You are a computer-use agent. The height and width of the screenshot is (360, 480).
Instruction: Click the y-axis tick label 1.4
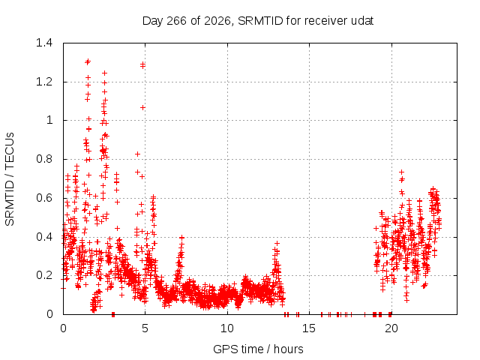coord(44,43)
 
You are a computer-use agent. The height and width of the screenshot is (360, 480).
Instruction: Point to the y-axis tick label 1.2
coord(44,82)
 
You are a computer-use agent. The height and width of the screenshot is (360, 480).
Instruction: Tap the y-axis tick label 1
coord(49,120)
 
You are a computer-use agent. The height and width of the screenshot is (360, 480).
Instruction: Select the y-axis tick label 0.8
coord(44,159)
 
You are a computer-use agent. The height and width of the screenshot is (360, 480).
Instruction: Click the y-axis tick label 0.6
coord(44,198)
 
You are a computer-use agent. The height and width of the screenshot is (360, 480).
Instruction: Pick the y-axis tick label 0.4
coord(44,237)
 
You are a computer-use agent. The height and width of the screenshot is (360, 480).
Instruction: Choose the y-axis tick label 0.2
coord(44,275)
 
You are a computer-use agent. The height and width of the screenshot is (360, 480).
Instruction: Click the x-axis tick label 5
coord(145,328)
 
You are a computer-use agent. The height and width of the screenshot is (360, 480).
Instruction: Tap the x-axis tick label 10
coord(227,328)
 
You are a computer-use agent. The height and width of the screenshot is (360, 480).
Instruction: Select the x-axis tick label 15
coord(309,328)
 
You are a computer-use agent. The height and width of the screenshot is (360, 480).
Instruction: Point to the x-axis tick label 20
coord(391,328)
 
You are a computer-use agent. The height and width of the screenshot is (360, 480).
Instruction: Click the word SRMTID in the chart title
coord(260,21)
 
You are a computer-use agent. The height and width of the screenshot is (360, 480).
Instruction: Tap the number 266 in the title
coord(176,21)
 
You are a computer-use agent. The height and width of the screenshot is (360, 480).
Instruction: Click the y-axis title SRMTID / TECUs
coord(10,179)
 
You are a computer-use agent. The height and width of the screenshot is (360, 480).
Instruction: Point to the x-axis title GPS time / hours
coord(258,349)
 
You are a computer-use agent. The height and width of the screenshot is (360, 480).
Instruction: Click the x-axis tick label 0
coord(63,328)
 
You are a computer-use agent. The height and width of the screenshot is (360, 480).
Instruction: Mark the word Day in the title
coord(153,21)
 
